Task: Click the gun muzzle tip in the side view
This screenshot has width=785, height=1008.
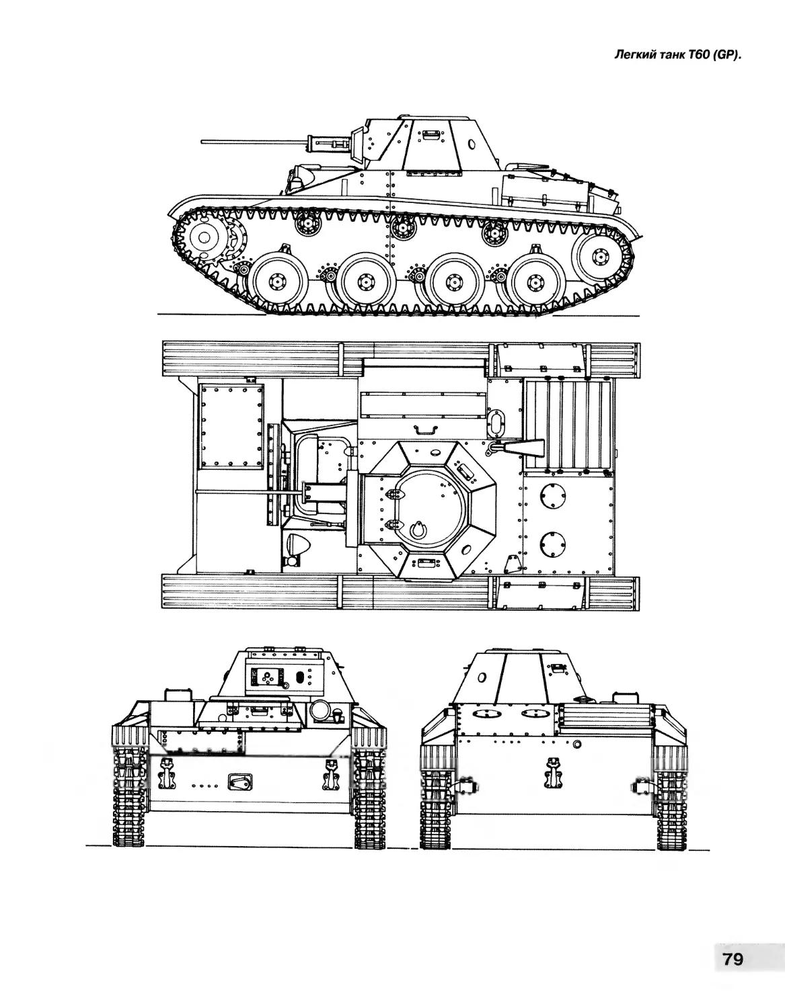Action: coord(202,140)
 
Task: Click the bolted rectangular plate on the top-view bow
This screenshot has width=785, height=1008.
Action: coord(231,425)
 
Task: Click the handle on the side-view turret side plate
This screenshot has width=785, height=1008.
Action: coord(431,134)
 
